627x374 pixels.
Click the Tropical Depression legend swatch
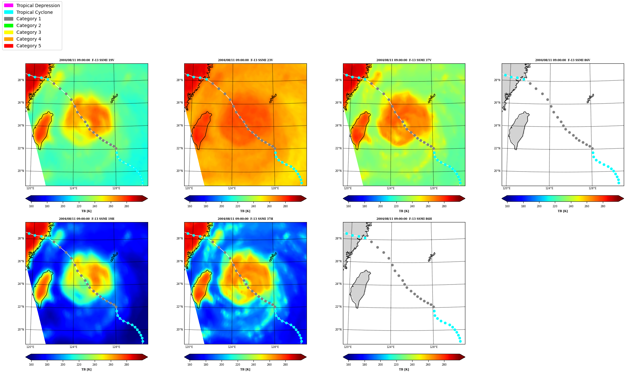[x=9, y=5]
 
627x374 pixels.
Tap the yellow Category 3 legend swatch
[x=9, y=32]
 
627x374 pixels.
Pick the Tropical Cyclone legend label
[x=34, y=12]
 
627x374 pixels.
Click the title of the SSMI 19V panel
[x=87, y=60]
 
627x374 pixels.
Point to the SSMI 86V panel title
[x=563, y=60]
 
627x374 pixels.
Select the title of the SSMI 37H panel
[x=245, y=219]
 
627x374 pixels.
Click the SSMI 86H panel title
[x=404, y=219]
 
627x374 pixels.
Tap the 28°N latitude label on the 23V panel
[x=180, y=80]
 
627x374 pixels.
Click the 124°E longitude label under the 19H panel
[x=73, y=347]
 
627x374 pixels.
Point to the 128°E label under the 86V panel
[x=592, y=188]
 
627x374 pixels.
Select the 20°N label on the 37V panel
[x=338, y=171]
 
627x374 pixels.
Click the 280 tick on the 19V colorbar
[x=127, y=206]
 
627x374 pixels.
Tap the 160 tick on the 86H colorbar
[x=348, y=365]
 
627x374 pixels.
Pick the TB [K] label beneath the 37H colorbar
[x=245, y=369]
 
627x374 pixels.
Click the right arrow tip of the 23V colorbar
[x=306, y=199]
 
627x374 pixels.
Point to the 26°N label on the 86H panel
[x=338, y=261]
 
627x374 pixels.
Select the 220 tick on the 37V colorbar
[x=396, y=206]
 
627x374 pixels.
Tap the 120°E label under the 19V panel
[x=30, y=188]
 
